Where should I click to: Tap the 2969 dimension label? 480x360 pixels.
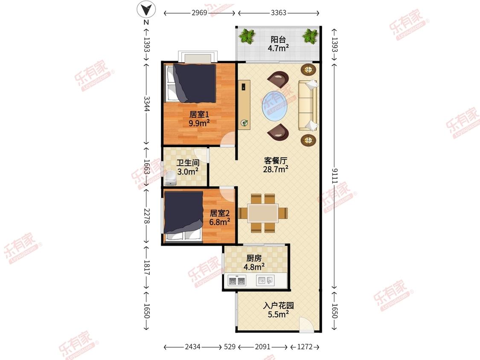pos(199,13)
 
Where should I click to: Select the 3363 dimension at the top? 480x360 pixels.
pos(279,13)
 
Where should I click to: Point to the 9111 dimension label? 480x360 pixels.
pos(335,176)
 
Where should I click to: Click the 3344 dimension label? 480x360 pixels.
pos(147,104)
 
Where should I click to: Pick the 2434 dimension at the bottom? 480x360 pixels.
pos(192,346)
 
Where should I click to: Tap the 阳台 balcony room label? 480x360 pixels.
pos(278,40)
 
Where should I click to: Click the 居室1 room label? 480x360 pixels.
pos(199,114)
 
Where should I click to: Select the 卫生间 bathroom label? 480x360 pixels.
pos(188,163)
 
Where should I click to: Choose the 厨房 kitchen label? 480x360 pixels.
pos(254,258)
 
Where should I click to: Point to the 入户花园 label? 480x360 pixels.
pos(279,305)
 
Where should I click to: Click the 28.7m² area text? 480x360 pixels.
pos(276,169)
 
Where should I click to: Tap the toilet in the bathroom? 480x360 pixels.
pos(170,178)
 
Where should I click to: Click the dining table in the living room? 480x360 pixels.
pos(263,213)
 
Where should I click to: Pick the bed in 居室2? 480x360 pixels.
pos(183,216)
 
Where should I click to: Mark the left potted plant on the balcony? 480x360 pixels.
pos(247,36)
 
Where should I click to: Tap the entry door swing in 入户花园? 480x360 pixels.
pos(306,325)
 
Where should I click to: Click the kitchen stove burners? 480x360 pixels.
pos(237,280)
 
